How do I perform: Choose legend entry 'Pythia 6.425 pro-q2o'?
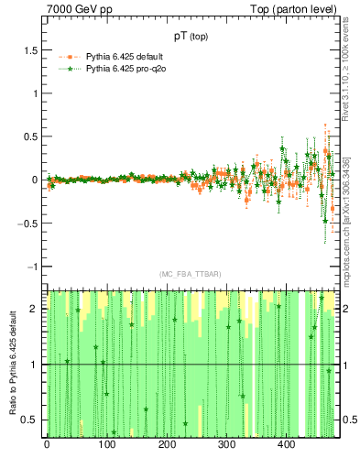click(x=129, y=69)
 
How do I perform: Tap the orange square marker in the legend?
click(x=65, y=57)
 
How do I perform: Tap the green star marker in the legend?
click(x=65, y=69)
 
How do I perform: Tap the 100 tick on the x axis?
click(x=106, y=446)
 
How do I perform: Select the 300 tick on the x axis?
click(x=226, y=446)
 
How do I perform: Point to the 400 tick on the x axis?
click(x=286, y=446)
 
